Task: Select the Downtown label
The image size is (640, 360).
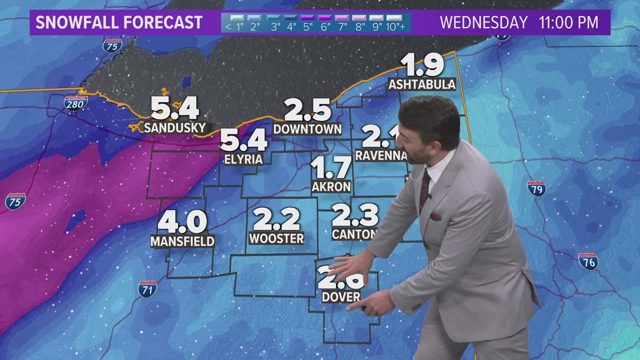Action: click(307, 129)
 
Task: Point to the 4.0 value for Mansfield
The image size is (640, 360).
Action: click(182, 222)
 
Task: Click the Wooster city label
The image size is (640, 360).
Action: click(276, 238)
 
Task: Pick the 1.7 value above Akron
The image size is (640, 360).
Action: click(331, 167)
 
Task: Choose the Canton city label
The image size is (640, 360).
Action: click(352, 234)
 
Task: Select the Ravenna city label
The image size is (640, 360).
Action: click(381, 155)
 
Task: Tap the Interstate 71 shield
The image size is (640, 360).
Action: click(147, 289)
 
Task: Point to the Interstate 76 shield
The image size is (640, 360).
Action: click(588, 261)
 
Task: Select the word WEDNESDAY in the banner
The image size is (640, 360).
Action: click(483, 22)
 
